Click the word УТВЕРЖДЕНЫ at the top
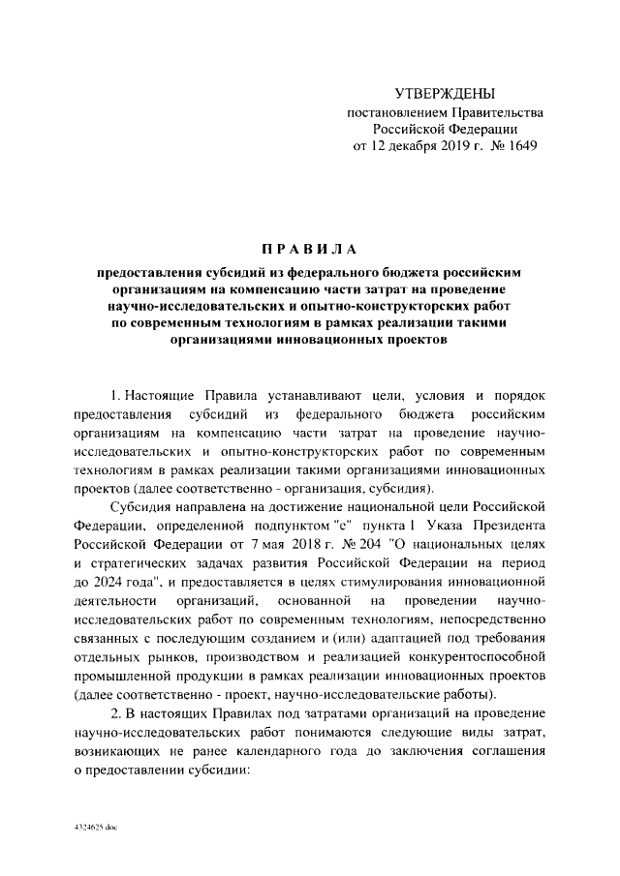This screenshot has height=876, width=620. pyautogui.click(x=445, y=94)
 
